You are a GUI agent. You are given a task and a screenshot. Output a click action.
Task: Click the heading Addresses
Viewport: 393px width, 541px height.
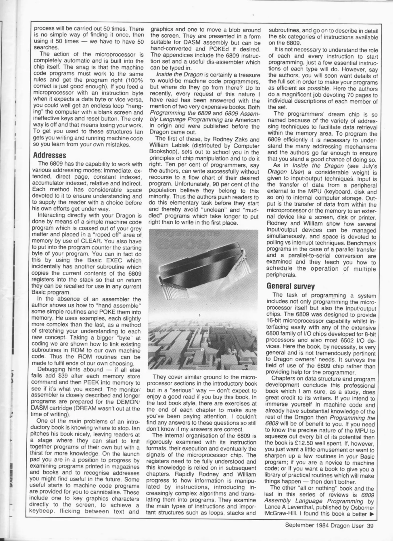pyautogui.click(x=49, y=155)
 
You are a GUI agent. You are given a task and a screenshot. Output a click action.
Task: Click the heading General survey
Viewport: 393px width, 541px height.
pyautogui.click(x=290, y=286)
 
